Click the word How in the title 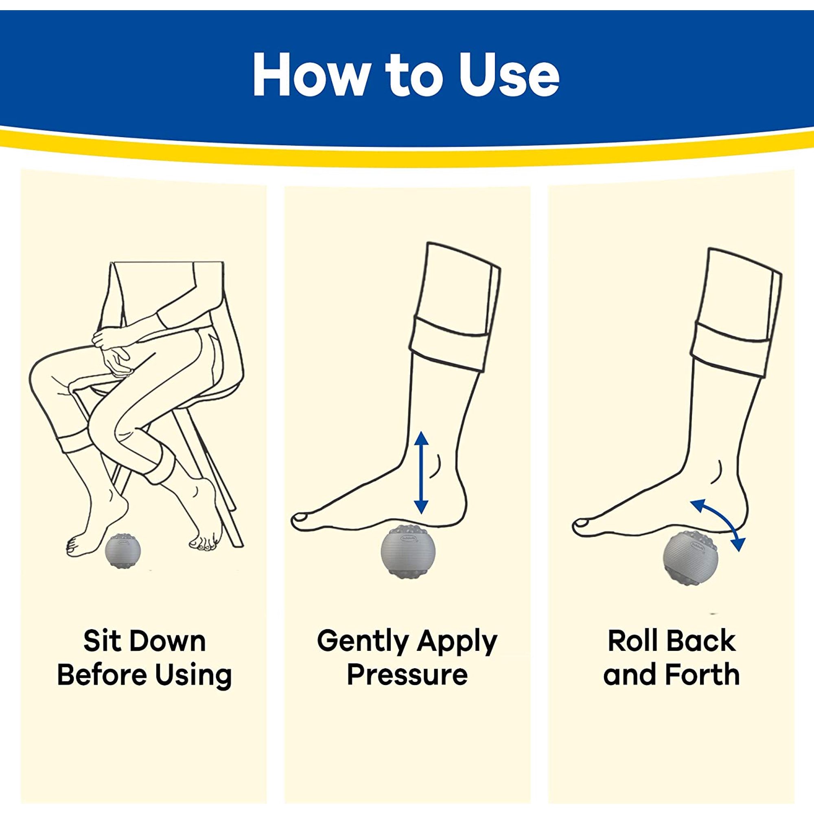point(310,75)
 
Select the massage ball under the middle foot point(407,550)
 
